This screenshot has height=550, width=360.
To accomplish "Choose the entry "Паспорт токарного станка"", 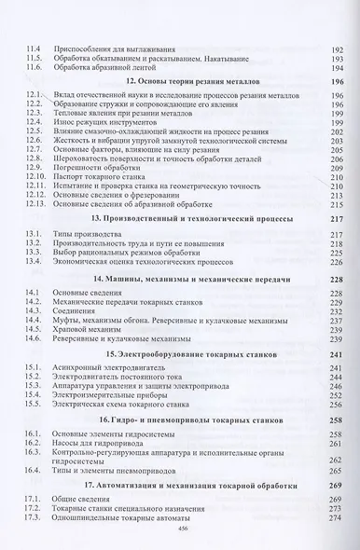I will click(x=109, y=175).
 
